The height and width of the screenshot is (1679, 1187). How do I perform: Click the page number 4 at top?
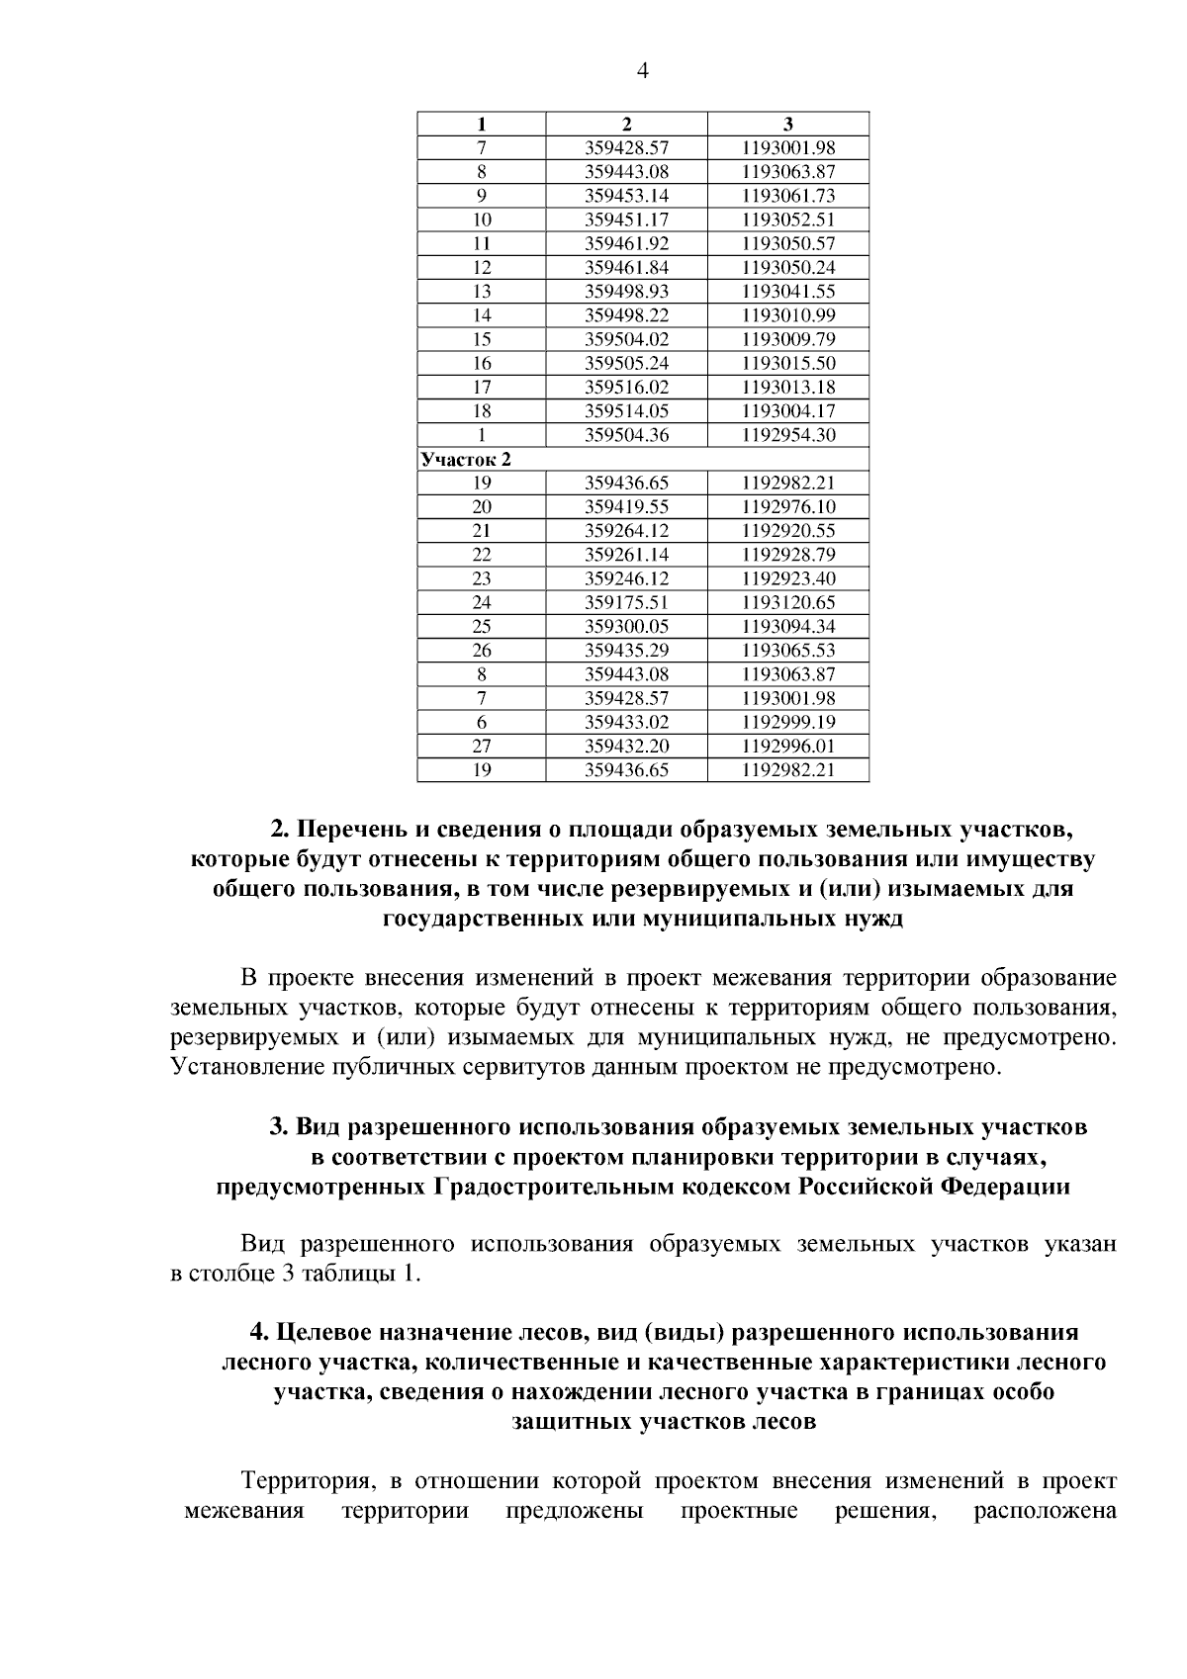coord(642,70)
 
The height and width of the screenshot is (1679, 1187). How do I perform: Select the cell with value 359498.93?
coord(626,292)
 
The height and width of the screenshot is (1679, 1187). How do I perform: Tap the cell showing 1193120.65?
coord(788,602)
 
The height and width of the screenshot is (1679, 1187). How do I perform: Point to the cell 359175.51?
coord(626,602)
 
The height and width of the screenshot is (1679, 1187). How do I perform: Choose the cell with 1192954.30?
coord(788,435)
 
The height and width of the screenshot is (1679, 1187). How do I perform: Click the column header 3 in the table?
coord(788,125)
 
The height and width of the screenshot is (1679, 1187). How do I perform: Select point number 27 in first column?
coord(482,747)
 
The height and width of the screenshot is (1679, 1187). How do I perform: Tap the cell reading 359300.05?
coord(626,627)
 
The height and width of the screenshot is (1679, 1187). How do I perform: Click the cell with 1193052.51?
coord(788,220)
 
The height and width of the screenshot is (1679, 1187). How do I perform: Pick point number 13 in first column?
coord(482,292)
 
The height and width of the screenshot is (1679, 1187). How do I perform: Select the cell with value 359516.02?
coord(626,388)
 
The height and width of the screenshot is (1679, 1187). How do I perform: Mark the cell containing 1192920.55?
coord(788,531)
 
